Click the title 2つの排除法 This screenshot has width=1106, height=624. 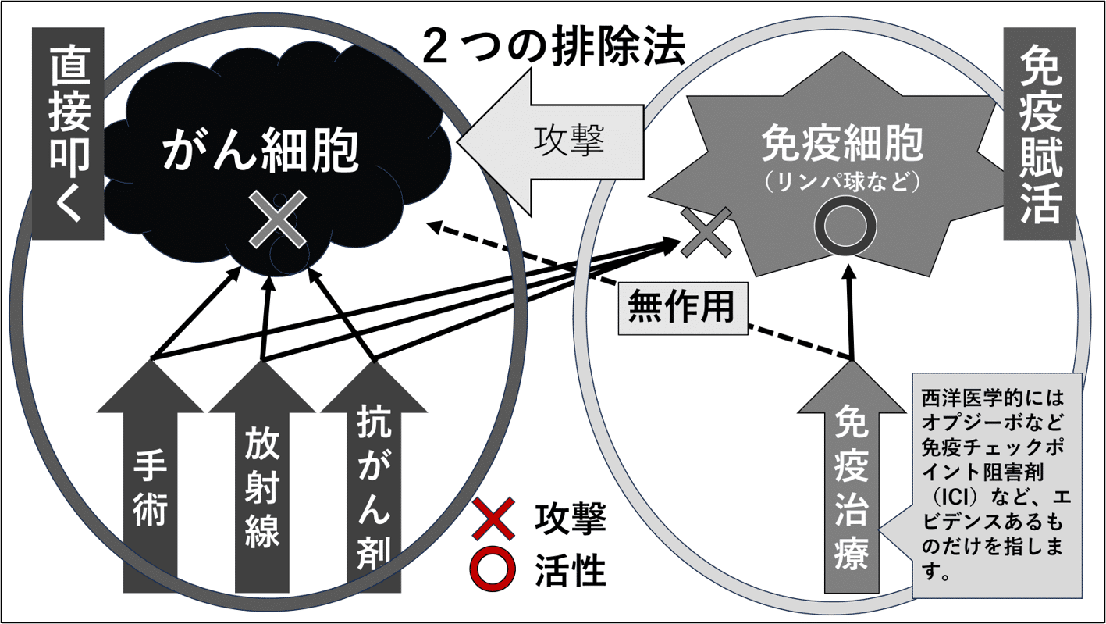[x=554, y=48]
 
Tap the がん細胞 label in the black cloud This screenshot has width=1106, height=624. [x=261, y=150]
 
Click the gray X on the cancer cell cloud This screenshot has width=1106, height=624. [x=278, y=219]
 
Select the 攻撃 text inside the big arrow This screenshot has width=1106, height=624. [x=569, y=141]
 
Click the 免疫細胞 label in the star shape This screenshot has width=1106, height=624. [x=842, y=144]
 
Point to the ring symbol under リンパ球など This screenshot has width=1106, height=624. [x=845, y=226]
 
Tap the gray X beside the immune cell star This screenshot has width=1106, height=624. [x=706, y=232]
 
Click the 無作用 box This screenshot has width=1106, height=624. [x=683, y=308]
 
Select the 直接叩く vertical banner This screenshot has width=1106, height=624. [x=68, y=134]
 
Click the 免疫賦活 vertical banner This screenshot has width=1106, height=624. [x=1040, y=134]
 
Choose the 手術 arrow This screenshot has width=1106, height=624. [x=150, y=476]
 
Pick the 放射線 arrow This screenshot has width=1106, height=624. [x=262, y=476]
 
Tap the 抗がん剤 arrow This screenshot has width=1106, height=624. [x=374, y=476]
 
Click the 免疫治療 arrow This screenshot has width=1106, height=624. [x=852, y=476]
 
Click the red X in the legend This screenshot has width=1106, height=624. [x=493, y=519]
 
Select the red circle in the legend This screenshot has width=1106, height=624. [x=493, y=569]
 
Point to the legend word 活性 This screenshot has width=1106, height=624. [x=571, y=570]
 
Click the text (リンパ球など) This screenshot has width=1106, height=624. [x=842, y=182]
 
